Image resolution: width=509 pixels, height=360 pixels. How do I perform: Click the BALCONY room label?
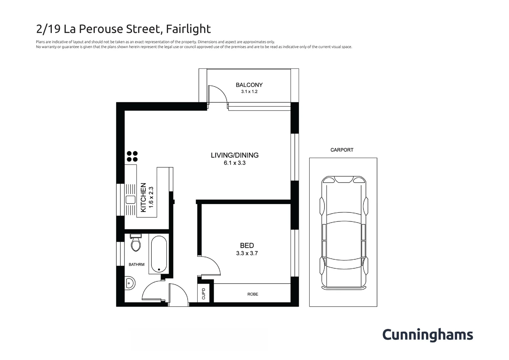(249, 85)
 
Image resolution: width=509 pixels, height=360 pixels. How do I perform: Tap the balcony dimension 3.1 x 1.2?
(249, 92)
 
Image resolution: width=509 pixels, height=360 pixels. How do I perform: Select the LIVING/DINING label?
(234, 155)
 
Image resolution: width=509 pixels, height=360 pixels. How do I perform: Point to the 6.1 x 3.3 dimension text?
(234, 163)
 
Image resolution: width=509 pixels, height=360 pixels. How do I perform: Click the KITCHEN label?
(143, 197)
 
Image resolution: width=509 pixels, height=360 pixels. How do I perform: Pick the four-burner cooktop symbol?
(132, 156)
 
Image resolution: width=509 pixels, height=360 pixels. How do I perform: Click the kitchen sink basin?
(130, 200)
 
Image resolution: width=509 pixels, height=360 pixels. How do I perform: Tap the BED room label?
(247, 246)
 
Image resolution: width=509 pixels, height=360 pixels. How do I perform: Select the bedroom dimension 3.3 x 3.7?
(247, 253)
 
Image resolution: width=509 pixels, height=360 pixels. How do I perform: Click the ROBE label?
(253, 294)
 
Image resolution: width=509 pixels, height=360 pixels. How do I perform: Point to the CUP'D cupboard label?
(204, 293)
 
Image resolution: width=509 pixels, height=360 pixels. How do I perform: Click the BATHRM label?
(136, 265)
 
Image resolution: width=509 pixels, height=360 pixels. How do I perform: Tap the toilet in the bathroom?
(136, 243)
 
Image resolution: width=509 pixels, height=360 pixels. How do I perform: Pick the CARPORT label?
(342, 150)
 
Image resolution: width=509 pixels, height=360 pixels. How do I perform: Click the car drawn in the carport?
(343, 233)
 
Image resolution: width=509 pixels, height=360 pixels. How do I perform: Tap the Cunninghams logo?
(427, 335)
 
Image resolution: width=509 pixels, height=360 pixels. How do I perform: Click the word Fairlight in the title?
(188, 29)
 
